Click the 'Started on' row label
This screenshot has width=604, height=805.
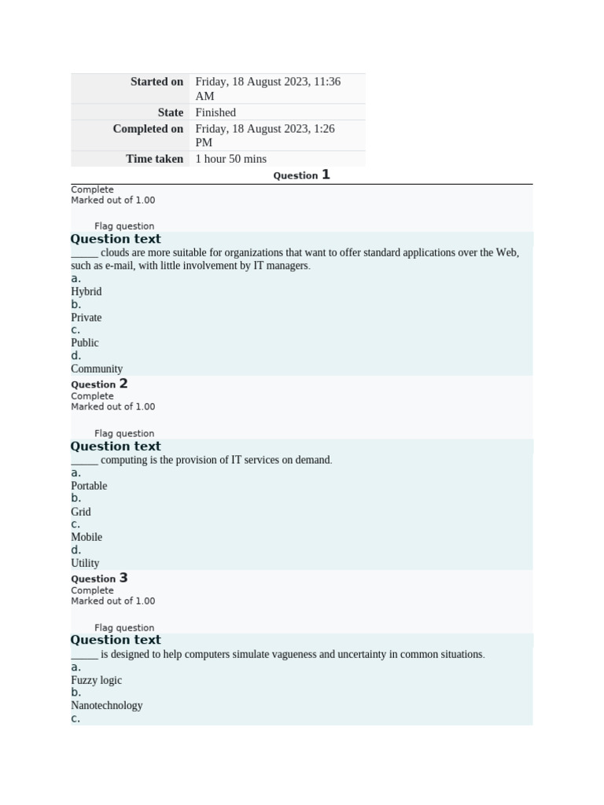click(157, 82)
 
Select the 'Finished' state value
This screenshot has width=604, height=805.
click(215, 112)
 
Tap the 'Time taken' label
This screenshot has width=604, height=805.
click(154, 159)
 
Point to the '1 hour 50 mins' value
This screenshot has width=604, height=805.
click(230, 159)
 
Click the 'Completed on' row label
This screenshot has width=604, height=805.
click(148, 129)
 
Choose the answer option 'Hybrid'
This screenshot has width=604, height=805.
click(87, 292)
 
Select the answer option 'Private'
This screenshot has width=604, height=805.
click(87, 318)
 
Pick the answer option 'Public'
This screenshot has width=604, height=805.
click(85, 343)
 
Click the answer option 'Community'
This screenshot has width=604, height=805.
click(97, 369)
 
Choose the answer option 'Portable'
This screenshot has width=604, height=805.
click(89, 486)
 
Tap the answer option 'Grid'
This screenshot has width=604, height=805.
click(81, 512)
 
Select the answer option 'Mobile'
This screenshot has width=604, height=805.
click(87, 537)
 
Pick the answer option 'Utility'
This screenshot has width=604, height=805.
click(85, 563)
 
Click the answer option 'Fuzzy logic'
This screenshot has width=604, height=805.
click(97, 680)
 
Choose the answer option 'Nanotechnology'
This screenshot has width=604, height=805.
click(107, 705)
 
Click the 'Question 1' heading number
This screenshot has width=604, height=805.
click(326, 175)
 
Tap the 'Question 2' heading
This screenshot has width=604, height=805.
click(99, 384)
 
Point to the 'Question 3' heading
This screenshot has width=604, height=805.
click(99, 579)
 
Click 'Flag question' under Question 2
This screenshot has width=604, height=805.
click(124, 433)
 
